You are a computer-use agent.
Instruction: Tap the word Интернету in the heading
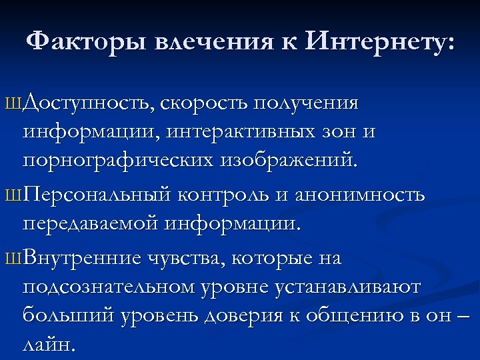(381, 43)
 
